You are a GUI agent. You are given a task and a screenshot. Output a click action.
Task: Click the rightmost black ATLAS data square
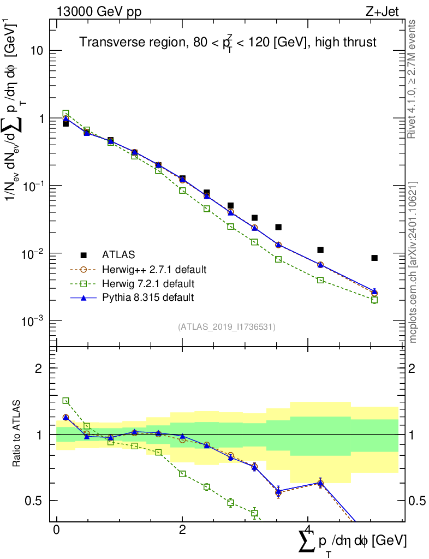point(374,258)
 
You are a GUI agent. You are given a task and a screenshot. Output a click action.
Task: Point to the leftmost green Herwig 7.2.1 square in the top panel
point(65,114)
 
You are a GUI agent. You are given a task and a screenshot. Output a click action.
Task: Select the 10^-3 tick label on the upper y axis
point(33,321)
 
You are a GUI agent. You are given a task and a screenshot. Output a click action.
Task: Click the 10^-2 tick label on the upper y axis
point(33,254)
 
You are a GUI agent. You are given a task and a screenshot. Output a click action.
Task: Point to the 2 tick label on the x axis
point(182,531)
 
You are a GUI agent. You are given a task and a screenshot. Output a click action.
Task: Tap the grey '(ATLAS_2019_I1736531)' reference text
point(227,327)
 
